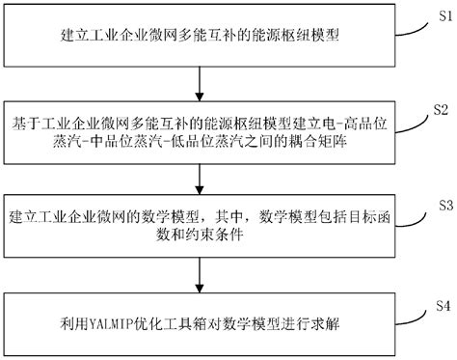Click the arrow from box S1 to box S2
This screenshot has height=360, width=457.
click(x=198, y=83)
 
